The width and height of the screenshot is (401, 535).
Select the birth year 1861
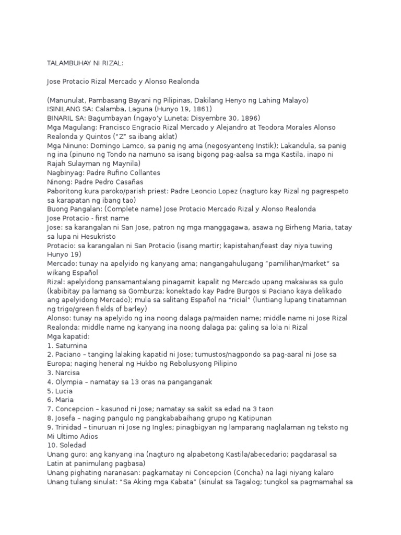pos(198,109)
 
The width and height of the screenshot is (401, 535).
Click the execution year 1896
pos(249,118)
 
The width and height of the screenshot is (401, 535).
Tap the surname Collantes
pos(142,172)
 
